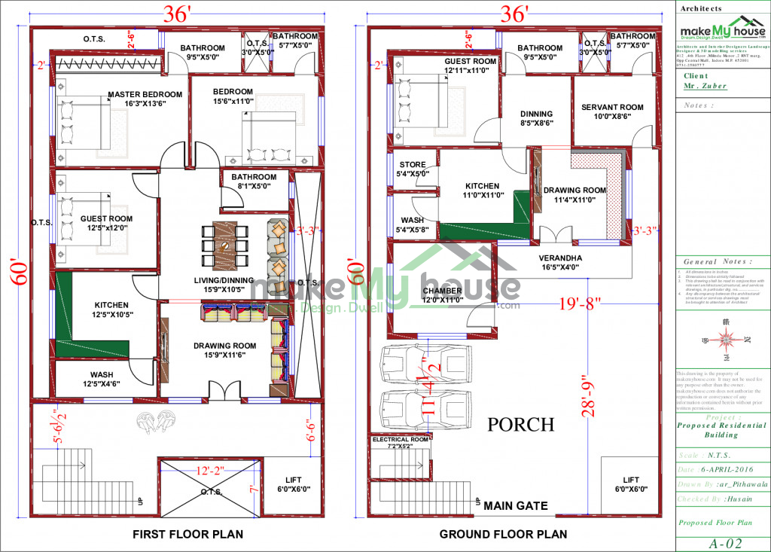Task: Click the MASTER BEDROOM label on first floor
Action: tap(145, 95)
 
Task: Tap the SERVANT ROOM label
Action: tap(612, 108)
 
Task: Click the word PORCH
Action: tap(520, 425)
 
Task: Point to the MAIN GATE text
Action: tap(516, 505)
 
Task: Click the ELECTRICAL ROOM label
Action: tap(400, 439)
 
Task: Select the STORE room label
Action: tap(413, 165)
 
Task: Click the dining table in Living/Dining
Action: tap(224, 246)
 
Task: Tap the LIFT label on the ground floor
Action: tap(630, 480)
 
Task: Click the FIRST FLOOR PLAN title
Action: tap(187, 535)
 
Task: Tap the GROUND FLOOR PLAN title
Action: tap(504, 535)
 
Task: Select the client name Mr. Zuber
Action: tap(705, 87)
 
